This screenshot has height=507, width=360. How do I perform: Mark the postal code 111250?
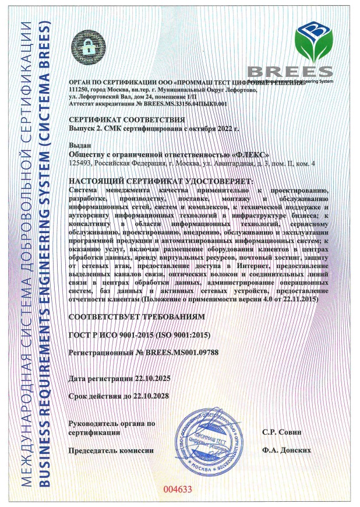click(x=80, y=90)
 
